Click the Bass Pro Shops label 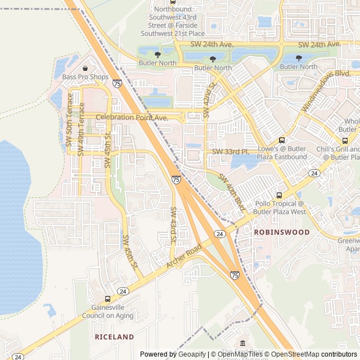pyautogui.click(x=85, y=77)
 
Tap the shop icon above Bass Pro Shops pyautogui.click(x=85, y=68)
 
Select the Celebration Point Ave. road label pyautogui.click(x=132, y=118)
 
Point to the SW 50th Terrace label pyautogui.click(x=70, y=128)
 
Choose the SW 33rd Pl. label pyautogui.click(x=230, y=152)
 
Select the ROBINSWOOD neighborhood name pyautogui.click(x=282, y=232)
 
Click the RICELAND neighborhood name pyautogui.click(x=114, y=337)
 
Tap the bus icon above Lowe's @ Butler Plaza pyautogui.click(x=282, y=140)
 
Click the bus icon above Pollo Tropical pyautogui.click(x=280, y=195)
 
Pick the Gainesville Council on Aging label pyautogui.click(x=112, y=312)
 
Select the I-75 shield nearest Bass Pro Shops pyautogui.click(x=116, y=83)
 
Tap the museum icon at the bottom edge pyautogui.click(x=242, y=343)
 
